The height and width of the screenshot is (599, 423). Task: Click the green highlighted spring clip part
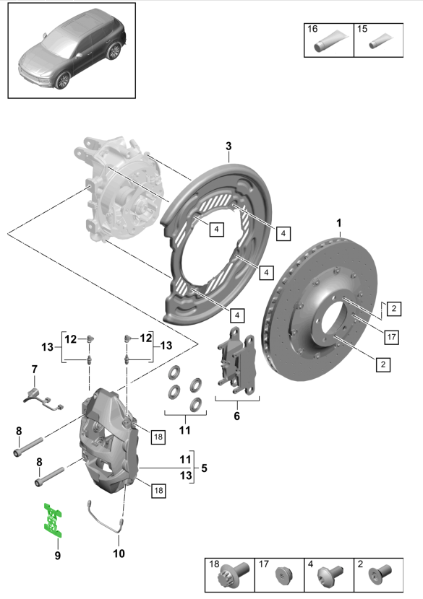pyautogui.click(x=53, y=520)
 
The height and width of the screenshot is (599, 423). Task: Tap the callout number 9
pyautogui.click(x=57, y=555)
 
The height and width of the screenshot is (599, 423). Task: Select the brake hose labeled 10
pyautogui.click(x=105, y=517)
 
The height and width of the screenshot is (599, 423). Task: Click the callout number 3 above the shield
pyautogui.click(x=228, y=146)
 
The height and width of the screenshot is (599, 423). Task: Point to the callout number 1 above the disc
pyautogui.click(x=339, y=223)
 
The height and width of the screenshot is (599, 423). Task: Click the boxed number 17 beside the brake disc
pyautogui.click(x=391, y=337)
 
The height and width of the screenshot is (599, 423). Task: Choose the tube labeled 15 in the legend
pyautogui.click(x=380, y=41)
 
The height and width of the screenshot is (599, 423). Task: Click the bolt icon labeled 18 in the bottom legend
pyautogui.click(x=233, y=575)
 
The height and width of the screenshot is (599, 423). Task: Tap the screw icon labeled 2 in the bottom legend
pyautogui.click(x=380, y=574)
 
